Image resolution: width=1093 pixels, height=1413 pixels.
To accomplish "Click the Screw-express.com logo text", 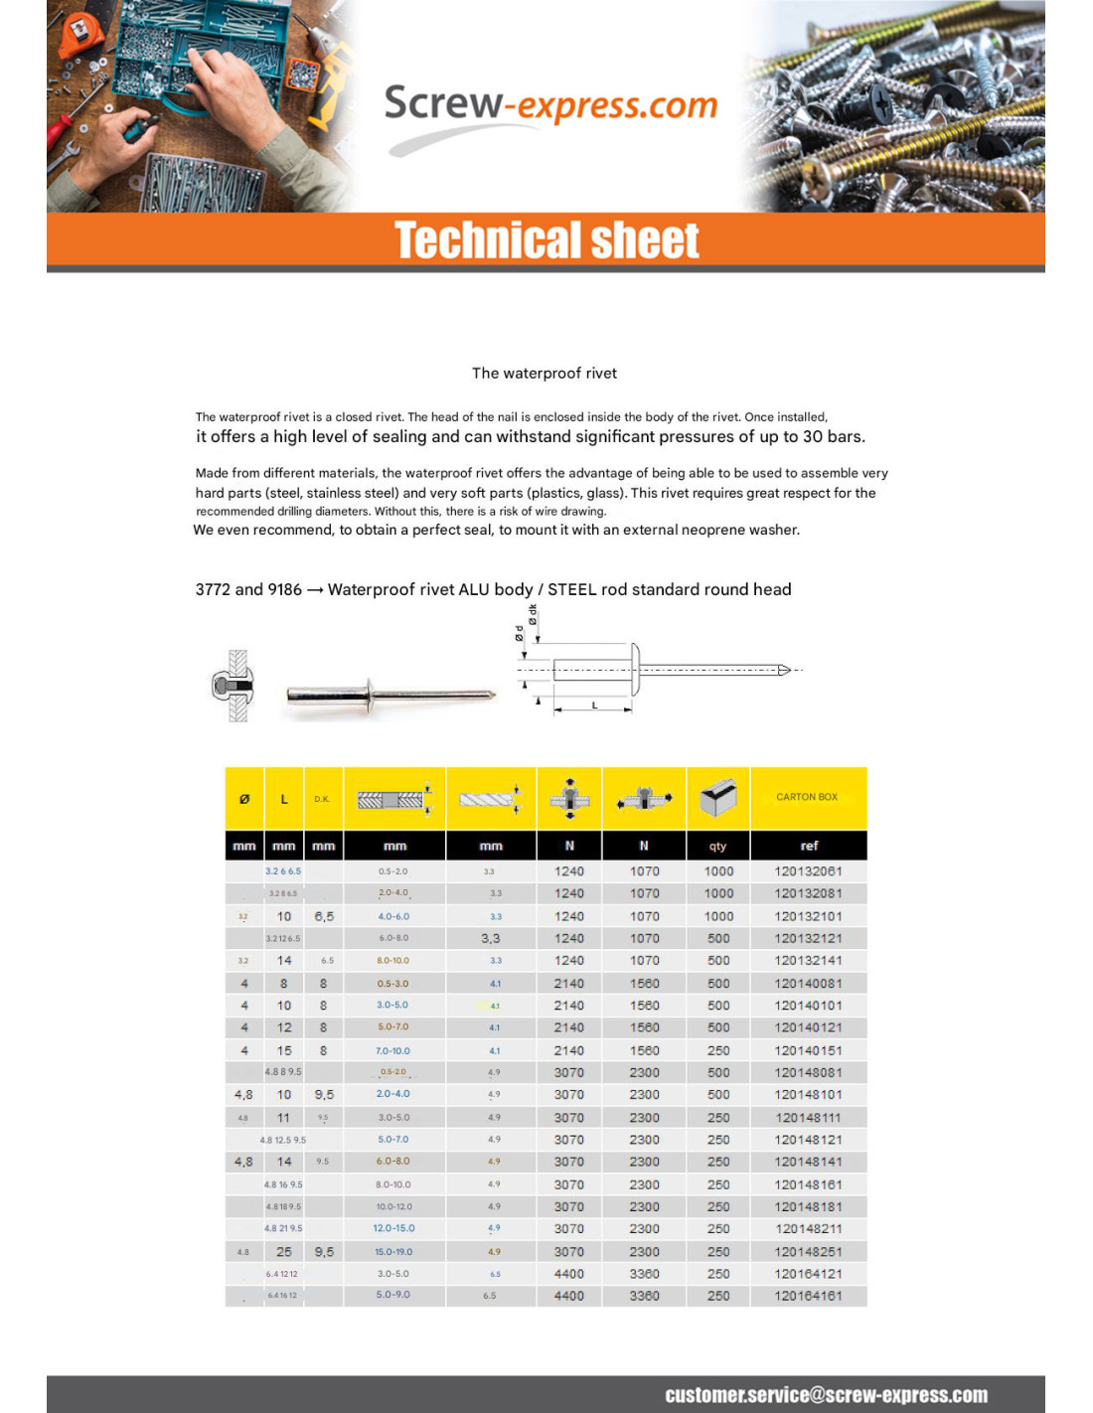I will pyautogui.click(x=549, y=104).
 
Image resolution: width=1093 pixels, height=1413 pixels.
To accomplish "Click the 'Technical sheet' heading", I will pyautogui.click(x=546, y=240).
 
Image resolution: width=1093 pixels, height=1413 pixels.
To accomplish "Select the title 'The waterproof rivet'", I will pyautogui.click(x=544, y=374).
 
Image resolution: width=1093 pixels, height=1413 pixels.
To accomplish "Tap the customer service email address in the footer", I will pyautogui.click(x=826, y=1395).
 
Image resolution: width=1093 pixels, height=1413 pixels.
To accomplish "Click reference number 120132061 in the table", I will pyautogui.click(x=808, y=871).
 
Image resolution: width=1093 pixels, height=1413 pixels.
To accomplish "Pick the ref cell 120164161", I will pyautogui.click(x=808, y=1296).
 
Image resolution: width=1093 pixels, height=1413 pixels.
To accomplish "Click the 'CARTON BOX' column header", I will pyautogui.click(x=807, y=797).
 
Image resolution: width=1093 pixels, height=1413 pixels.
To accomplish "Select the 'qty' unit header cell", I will pyautogui.click(x=717, y=847).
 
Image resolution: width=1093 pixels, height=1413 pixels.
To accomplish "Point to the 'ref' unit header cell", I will pyautogui.click(x=809, y=846).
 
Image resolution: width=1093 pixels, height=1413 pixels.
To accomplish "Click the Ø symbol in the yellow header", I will pyautogui.click(x=244, y=799).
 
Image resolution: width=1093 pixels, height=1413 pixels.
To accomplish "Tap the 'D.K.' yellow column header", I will pyautogui.click(x=322, y=799).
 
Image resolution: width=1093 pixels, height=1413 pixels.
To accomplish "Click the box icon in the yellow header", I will pyautogui.click(x=717, y=797).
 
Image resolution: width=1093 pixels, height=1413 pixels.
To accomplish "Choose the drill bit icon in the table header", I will pyautogui.click(x=490, y=798).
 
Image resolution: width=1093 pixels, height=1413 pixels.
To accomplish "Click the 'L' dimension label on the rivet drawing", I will pyautogui.click(x=594, y=706).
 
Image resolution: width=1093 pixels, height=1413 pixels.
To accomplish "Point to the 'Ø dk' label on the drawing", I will pyautogui.click(x=533, y=615).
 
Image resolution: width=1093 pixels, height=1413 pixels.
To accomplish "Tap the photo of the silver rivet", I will pyautogui.click(x=390, y=695).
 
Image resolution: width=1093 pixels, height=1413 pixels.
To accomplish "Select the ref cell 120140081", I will pyautogui.click(x=808, y=984).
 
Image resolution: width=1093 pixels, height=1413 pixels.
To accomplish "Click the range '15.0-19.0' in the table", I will pyautogui.click(x=393, y=1252).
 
